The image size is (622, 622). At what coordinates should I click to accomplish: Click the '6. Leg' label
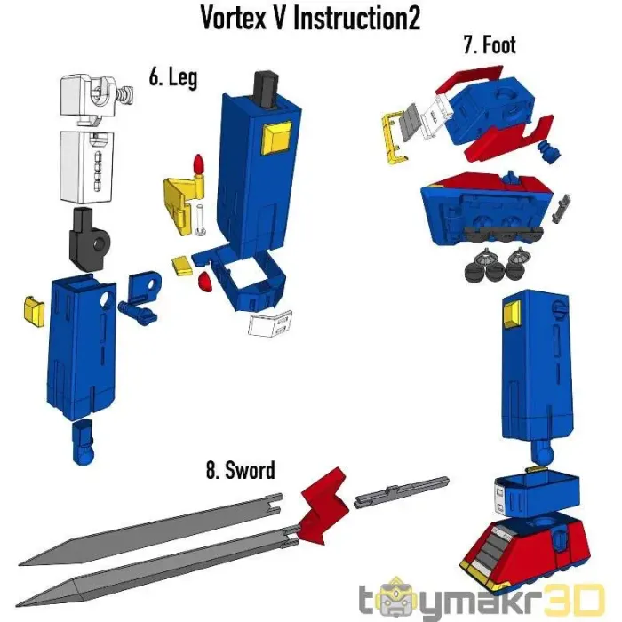[173, 77]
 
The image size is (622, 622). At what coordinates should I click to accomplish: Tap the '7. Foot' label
[490, 44]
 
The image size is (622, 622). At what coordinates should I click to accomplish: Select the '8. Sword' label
[241, 470]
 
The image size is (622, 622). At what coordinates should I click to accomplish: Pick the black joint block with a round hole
[89, 240]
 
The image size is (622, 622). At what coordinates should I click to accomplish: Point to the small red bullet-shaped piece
[199, 165]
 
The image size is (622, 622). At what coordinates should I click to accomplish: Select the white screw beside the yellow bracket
[200, 219]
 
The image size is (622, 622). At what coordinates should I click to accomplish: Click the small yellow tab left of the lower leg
[35, 312]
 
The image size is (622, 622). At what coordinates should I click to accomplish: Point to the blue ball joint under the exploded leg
[84, 442]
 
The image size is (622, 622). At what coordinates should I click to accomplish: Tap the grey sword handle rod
[401, 492]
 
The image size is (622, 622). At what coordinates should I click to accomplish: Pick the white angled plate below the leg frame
[270, 323]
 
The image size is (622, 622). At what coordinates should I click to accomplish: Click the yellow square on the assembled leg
[511, 315]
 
